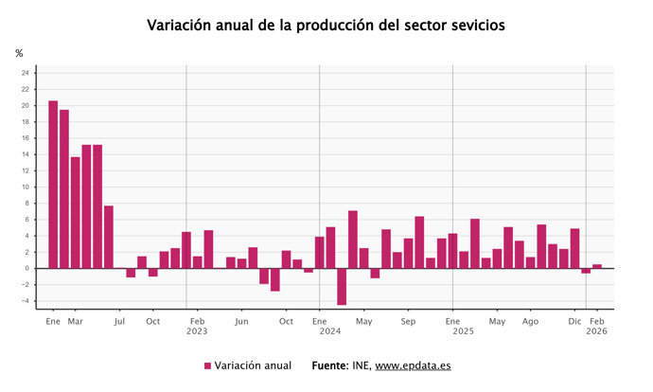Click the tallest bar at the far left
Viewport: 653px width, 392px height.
click(x=53, y=185)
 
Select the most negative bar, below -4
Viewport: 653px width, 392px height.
click(x=342, y=286)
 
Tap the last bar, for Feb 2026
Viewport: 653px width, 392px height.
click(x=597, y=266)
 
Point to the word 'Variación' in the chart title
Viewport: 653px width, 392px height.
click(x=181, y=26)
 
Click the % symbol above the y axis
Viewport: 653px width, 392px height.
click(x=19, y=54)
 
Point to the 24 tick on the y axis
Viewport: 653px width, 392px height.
click(x=26, y=73)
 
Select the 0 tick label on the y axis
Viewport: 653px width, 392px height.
click(x=27, y=268)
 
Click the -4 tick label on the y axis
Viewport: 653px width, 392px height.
click(x=26, y=301)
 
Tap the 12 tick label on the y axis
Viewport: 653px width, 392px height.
click(x=26, y=170)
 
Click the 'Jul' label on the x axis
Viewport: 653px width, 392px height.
click(x=119, y=321)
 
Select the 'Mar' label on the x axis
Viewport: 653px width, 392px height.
click(x=75, y=321)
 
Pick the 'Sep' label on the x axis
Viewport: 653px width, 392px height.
click(x=409, y=321)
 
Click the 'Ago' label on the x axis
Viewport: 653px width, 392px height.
click(x=531, y=321)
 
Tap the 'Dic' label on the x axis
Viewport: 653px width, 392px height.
click(x=575, y=321)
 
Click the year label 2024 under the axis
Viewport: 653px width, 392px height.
click(x=330, y=331)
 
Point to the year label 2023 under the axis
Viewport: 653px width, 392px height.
click(x=197, y=331)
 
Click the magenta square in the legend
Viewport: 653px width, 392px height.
click(x=207, y=366)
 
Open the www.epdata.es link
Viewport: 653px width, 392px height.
click(x=413, y=365)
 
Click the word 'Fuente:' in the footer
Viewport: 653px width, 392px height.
click(x=330, y=365)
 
